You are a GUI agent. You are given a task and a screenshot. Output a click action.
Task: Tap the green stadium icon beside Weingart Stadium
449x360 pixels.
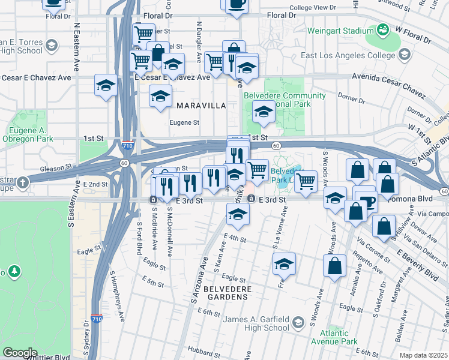click(382, 29)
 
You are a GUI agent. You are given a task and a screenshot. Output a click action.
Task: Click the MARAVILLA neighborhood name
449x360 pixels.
click(201, 106)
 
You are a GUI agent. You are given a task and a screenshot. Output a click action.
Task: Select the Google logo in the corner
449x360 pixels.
click(20, 352)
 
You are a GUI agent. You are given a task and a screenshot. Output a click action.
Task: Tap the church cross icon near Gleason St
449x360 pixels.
click(23, 182)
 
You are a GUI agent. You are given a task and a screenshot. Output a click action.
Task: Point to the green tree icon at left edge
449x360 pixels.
click(13, 272)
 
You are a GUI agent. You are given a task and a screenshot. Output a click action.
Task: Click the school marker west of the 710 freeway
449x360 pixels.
click(106, 85)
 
